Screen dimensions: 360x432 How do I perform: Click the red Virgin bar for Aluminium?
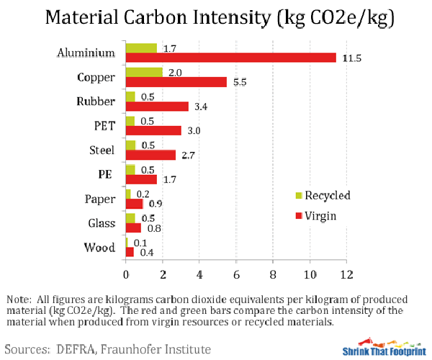(230, 58)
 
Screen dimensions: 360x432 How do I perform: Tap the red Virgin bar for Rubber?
(157, 107)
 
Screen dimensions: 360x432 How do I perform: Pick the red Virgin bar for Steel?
(150, 155)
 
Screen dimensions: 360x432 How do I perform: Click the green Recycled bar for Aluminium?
(141, 48)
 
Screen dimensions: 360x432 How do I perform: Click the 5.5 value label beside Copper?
(239, 82)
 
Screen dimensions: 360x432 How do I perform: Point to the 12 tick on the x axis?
(348, 274)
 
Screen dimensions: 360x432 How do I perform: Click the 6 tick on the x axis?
(237, 274)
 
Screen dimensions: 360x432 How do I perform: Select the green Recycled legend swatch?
(299, 195)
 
